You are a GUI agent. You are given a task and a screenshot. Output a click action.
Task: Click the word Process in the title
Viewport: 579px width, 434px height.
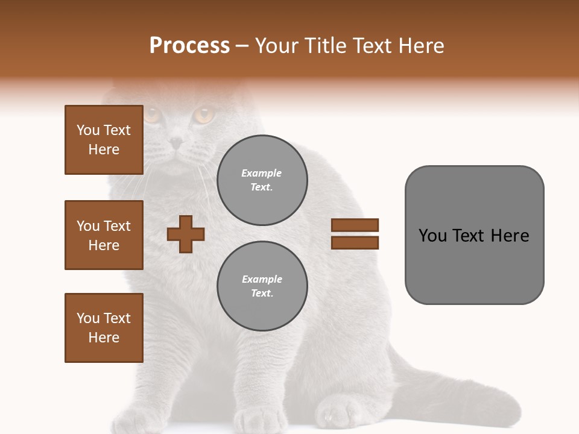pyautogui.click(x=189, y=46)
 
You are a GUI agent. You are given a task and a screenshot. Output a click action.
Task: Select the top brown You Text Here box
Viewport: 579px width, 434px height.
pyautogui.click(x=104, y=140)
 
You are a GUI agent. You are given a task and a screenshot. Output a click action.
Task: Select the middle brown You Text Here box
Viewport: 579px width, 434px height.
pyautogui.click(x=104, y=235)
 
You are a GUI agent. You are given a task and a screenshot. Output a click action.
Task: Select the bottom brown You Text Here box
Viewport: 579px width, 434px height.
pyautogui.click(x=104, y=328)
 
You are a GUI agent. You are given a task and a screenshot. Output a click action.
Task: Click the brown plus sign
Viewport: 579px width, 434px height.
pyautogui.click(x=186, y=233)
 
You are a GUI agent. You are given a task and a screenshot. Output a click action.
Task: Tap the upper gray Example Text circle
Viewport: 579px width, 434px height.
pyautogui.click(x=262, y=180)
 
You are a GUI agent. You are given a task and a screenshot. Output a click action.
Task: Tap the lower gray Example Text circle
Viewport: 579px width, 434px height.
pyautogui.click(x=262, y=286)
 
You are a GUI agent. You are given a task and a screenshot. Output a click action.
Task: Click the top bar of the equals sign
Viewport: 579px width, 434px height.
pyautogui.click(x=355, y=225)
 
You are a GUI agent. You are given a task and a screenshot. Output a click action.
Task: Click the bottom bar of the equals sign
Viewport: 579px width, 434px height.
pyautogui.click(x=355, y=242)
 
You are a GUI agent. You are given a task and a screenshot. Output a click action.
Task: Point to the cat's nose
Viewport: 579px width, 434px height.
pyautogui.click(x=176, y=143)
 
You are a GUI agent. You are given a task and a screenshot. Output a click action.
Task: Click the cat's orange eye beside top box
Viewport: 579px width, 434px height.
pyautogui.click(x=151, y=114)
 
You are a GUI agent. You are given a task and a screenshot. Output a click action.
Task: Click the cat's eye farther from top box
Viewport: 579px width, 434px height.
pyautogui.click(x=204, y=114)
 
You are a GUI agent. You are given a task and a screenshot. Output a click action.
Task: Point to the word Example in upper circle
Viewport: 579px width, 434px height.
pyautogui.click(x=262, y=173)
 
